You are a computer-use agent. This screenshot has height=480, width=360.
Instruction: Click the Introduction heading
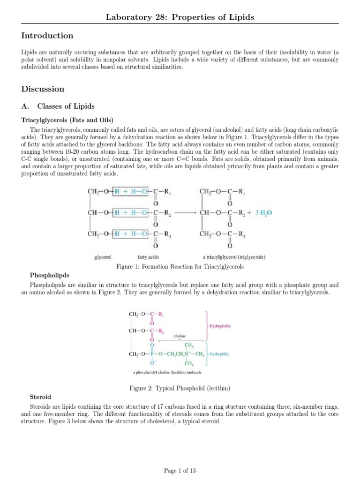(x=47, y=36)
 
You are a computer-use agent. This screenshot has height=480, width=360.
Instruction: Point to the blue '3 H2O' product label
(x=263, y=212)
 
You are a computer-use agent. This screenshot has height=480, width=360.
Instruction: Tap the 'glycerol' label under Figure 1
(x=102, y=257)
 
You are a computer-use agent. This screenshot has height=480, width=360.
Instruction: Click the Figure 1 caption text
(x=180, y=266)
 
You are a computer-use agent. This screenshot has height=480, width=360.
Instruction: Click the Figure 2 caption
(x=180, y=388)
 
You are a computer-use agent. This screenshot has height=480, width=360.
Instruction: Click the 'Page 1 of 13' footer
(x=180, y=470)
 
